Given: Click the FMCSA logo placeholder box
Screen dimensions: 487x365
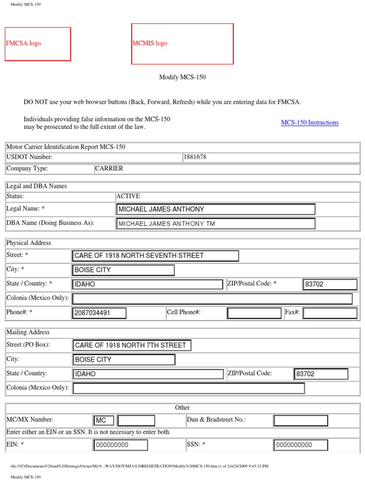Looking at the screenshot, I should [38, 44].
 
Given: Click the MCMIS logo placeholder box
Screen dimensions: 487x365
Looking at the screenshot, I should [182, 44].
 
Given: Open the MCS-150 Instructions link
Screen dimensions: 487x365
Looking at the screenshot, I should [309, 123].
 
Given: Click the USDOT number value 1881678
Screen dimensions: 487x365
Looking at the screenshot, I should [195, 157].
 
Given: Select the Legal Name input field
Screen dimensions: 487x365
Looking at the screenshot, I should [215, 209].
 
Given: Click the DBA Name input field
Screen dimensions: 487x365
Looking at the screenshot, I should [215, 224].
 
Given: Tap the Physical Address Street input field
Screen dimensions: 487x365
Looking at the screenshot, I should [155, 256].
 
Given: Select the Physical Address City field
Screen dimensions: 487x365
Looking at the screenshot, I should [123, 270].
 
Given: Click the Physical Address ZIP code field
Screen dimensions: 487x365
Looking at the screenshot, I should [330, 284].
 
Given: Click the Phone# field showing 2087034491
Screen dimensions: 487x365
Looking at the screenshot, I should [99, 313].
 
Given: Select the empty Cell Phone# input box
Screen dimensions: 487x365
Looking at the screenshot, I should [254, 313].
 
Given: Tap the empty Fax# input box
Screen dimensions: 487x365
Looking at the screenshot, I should [330, 313].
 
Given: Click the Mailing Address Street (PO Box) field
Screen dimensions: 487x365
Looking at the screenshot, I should [132, 345].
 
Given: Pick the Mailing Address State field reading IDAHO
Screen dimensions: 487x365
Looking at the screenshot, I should [148, 374].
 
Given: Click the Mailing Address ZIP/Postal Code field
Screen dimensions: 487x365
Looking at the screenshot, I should [321, 374].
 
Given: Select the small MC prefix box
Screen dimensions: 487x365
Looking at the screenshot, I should [104, 420].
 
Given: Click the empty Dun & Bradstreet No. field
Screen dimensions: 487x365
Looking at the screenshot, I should [300, 420].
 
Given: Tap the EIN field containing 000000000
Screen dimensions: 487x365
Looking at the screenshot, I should [120, 445].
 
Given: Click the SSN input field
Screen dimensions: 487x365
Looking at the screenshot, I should [300, 445].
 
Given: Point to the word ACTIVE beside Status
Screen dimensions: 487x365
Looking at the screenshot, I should [128, 196].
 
